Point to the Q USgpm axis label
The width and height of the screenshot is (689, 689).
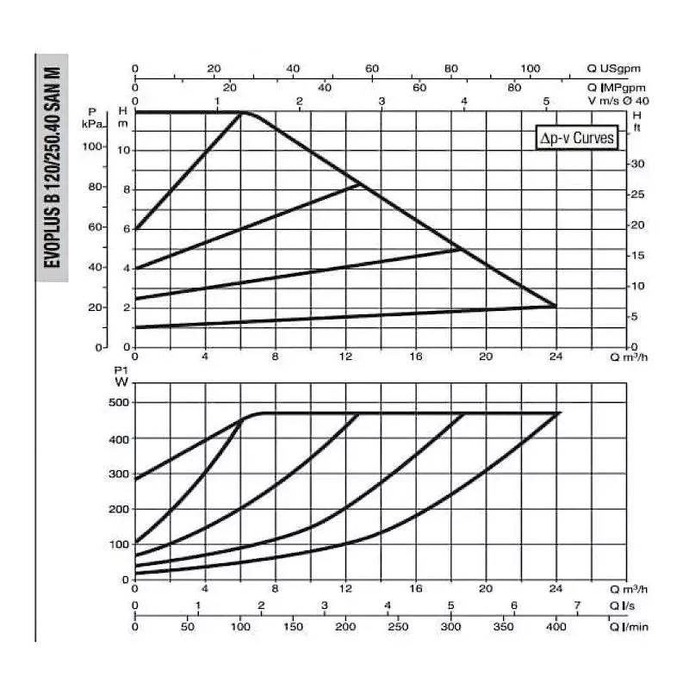coord(614,68)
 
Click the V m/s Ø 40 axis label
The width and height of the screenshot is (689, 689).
coord(618,101)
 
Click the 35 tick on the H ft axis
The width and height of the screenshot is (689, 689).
coord(638,163)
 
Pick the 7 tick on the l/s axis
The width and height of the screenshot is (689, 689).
coord(577,605)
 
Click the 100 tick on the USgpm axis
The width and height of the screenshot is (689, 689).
coord(531,68)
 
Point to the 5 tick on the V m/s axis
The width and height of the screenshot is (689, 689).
coord(546,102)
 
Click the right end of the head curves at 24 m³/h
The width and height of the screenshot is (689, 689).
coord(556,306)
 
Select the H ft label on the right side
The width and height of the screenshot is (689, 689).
coord(637,121)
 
